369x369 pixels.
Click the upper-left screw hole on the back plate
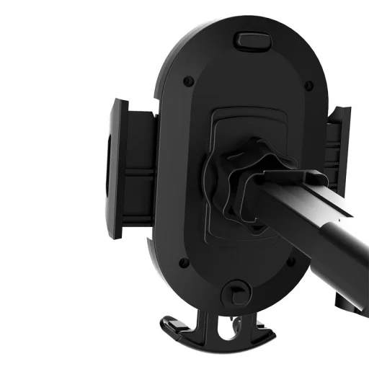click(x=187, y=80)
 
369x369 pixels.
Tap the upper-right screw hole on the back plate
click(x=308, y=85)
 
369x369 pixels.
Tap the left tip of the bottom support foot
click(x=164, y=321)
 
